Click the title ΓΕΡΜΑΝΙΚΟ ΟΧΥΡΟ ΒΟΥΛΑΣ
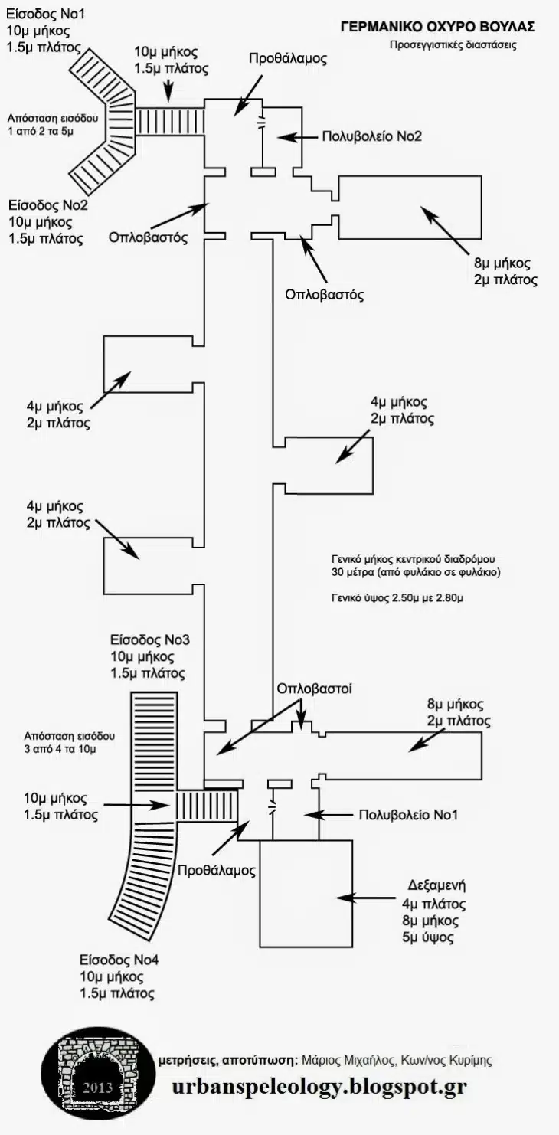437,26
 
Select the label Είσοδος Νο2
48,205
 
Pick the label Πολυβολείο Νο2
372,137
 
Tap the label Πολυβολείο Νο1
408,814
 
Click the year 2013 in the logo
97,1088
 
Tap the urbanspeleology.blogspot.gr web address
319,1087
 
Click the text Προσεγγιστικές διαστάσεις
452,44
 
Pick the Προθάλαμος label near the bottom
217,870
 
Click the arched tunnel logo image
97,1069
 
